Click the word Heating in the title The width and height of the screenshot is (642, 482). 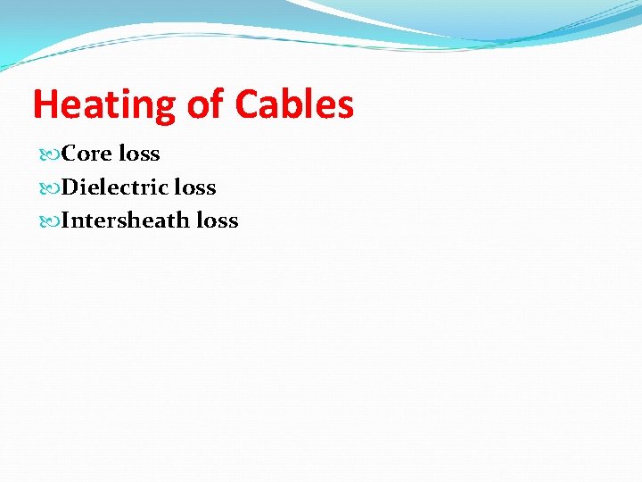click(x=104, y=104)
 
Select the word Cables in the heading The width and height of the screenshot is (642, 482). click(x=294, y=104)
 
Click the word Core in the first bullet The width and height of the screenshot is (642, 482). click(x=87, y=154)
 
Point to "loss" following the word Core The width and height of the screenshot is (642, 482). click(x=139, y=154)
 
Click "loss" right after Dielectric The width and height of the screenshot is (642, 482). click(x=195, y=187)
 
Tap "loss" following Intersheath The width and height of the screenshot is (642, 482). click(x=218, y=220)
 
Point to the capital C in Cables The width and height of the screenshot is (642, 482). click(x=247, y=104)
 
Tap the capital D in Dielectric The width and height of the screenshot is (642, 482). click(x=70, y=187)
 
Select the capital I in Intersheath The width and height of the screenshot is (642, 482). click(x=66, y=220)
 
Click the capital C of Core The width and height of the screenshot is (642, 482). click(x=70, y=154)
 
